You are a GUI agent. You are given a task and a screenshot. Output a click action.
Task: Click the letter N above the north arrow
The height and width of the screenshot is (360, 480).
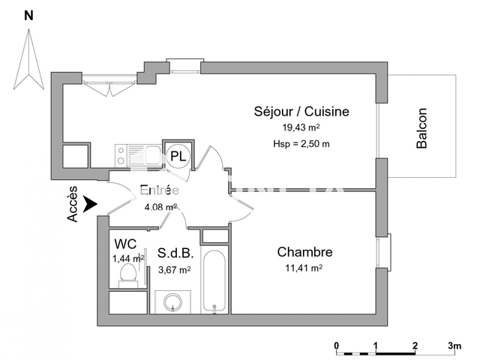[x=28, y=15]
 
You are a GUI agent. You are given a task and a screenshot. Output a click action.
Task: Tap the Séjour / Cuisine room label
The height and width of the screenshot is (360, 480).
[x=301, y=112]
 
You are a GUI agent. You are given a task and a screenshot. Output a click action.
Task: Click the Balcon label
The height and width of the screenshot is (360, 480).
[x=421, y=128]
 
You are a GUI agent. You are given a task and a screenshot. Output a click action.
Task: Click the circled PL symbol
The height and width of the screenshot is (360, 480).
[x=178, y=156]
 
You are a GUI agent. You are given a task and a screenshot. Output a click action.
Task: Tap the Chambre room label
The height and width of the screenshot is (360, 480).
[x=304, y=252]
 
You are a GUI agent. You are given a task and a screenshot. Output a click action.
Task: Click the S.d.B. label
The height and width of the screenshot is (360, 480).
[x=175, y=254]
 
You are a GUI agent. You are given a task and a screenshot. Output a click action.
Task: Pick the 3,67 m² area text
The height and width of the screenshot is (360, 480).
[x=173, y=270]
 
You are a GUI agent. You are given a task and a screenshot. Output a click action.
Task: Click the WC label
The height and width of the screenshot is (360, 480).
[x=124, y=244]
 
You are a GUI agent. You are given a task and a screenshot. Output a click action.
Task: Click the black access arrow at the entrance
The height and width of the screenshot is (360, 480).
[x=91, y=203]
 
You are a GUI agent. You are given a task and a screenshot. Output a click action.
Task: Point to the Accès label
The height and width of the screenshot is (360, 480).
[x=73, y=204]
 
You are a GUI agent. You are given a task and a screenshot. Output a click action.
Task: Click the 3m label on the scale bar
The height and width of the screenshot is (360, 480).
[x=454, y=346]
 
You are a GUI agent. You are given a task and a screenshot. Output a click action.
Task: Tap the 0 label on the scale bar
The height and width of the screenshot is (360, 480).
[x=337, y=346]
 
